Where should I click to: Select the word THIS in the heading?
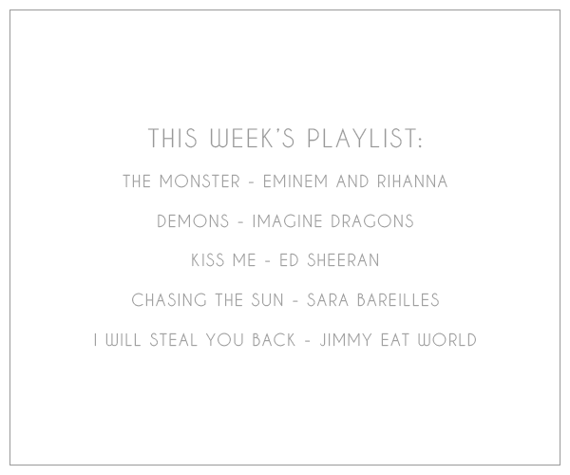173,138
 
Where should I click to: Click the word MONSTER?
199,181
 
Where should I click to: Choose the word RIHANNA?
412,181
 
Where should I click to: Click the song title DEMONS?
193,221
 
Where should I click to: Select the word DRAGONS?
372,221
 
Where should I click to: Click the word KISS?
206,260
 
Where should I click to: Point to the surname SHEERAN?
343,260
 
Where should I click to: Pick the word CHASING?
169,300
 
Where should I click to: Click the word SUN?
267,300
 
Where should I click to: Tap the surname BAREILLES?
398,300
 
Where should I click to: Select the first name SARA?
328,300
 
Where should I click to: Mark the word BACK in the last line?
274,340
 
